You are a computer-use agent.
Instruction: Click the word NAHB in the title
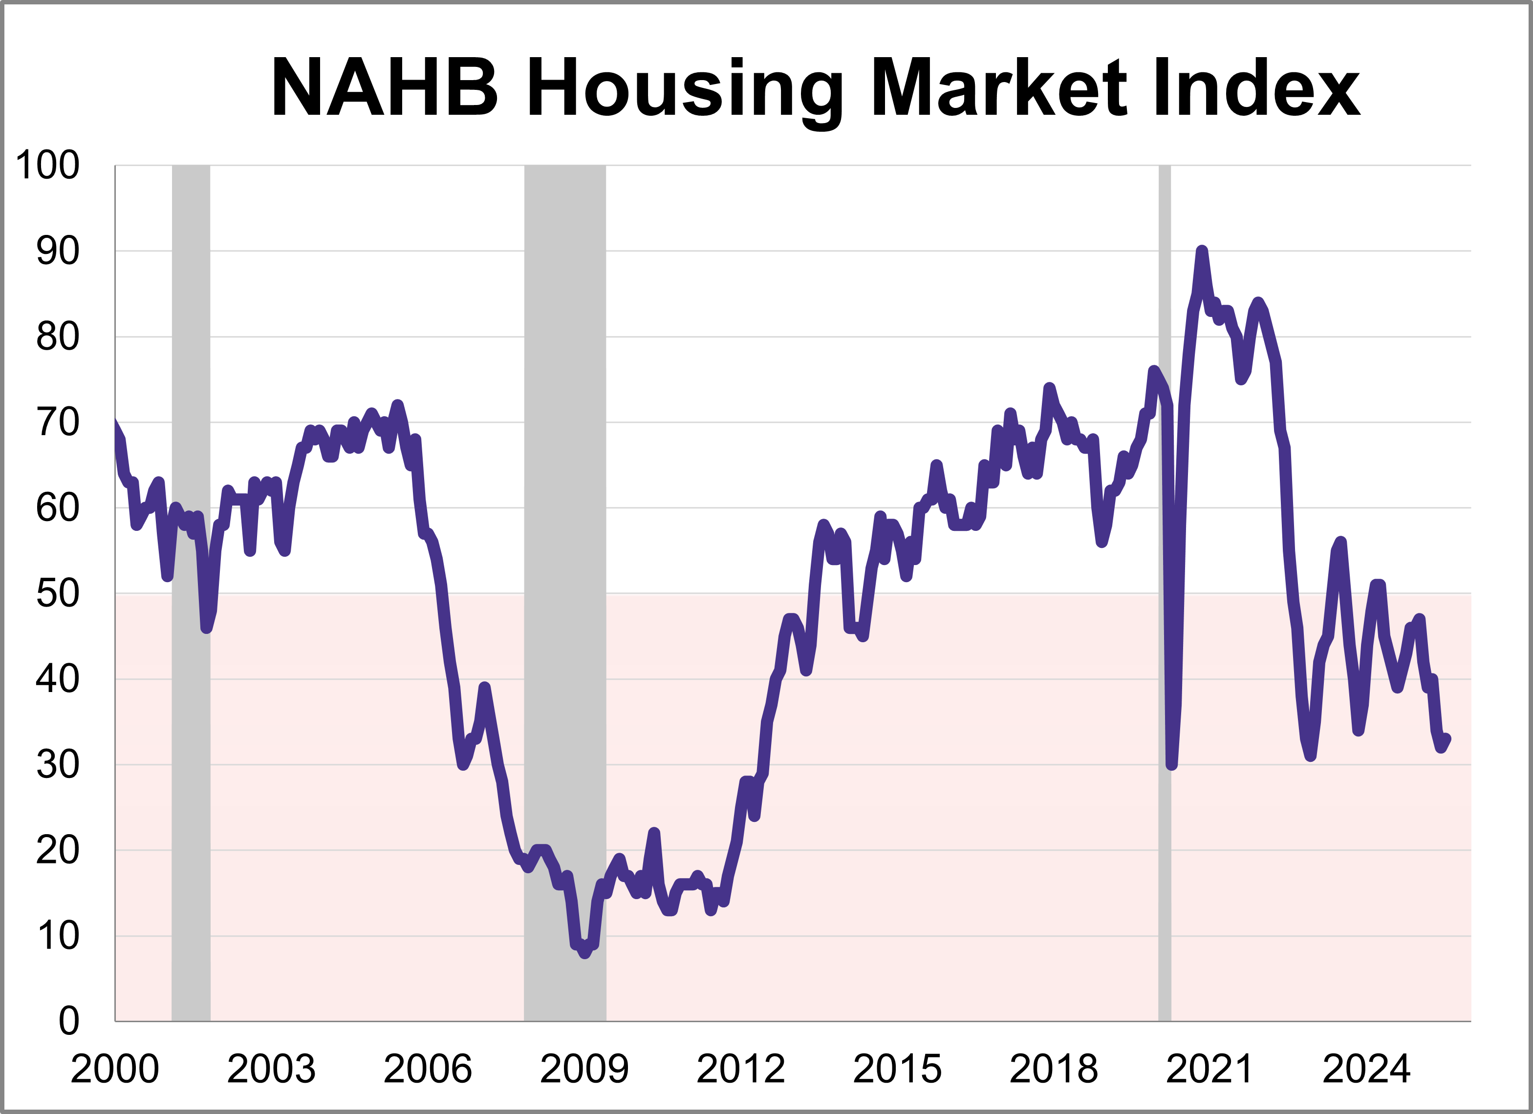coord(385,88)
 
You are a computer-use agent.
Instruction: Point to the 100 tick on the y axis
coord(47,165)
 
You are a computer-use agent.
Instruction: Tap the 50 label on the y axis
coord(58,594)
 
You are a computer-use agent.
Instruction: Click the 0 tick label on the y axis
coord(69,1021)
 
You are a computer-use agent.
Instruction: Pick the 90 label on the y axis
coord(58,252)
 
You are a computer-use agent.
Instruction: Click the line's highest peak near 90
coord(1201,252)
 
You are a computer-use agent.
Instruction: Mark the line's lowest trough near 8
coord(584,953)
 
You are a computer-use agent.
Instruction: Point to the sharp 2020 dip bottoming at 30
coord(1171,765)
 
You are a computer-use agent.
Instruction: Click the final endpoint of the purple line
coord(1447,739)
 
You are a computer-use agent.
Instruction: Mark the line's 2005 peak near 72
coord(397,405)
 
